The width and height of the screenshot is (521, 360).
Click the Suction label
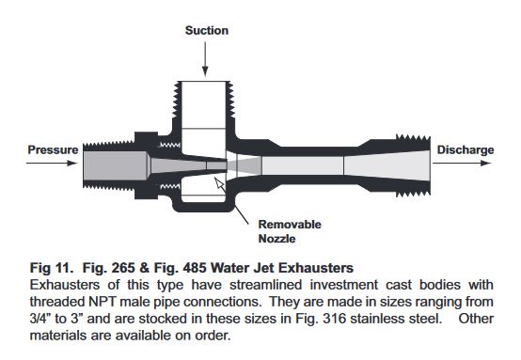(207, 31)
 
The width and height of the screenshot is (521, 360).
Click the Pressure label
(53, 149)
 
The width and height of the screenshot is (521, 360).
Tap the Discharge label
(466, 149)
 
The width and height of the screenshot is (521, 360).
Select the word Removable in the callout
(290, 224)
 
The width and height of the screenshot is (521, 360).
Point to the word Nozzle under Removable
(276, 239)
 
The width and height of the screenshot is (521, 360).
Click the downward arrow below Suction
(205, 59)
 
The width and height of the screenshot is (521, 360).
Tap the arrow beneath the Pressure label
(52, 163)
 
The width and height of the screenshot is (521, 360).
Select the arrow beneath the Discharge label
(462, 163)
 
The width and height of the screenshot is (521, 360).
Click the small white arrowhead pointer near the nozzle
(219, 183)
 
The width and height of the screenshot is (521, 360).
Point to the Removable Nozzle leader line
(241, 214)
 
